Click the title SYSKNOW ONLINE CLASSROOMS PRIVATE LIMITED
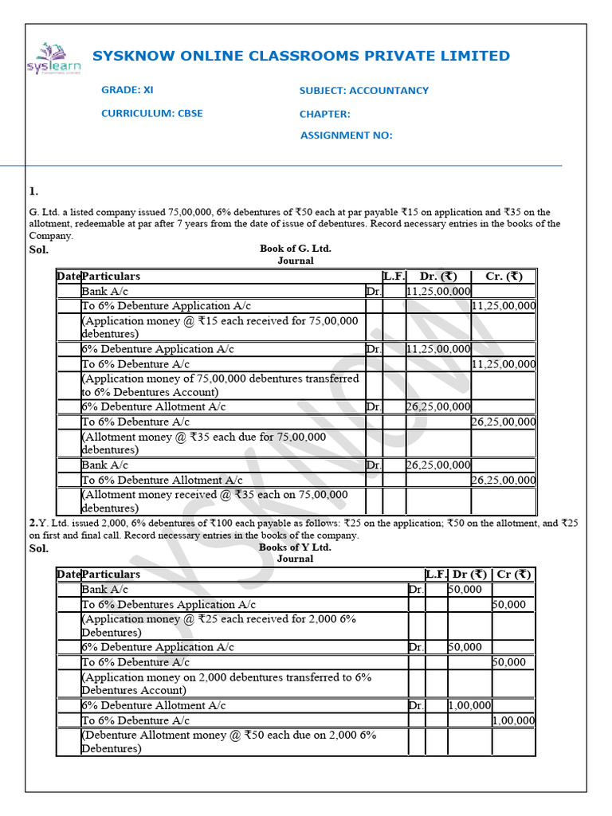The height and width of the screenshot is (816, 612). click(x=301, y=56)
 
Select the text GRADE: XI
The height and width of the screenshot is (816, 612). click(x=127, y=90)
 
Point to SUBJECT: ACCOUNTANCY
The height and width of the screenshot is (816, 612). click(x=363, y=91)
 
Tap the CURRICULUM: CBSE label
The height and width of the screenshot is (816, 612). click(x=151, y=113)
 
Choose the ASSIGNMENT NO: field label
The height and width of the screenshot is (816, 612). click(x=346, y=135)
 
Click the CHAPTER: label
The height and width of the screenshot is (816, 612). click(x=324, y=114)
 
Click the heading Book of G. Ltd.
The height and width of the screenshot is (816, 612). click(x=295, y=249)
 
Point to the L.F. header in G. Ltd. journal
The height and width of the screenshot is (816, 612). click(x=394, y=277)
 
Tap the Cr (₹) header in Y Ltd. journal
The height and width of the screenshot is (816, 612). click(x=513, y=575)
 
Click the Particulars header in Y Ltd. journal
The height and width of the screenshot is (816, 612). click(x=111, y=575)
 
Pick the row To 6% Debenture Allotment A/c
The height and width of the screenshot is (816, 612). click(x=162, y=480)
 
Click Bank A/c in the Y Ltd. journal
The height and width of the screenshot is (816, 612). click(x=104, y=590)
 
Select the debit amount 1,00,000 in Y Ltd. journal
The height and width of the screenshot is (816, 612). click(x=469, y=705)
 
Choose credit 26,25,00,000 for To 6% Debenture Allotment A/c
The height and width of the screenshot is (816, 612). click(x=503, y=480)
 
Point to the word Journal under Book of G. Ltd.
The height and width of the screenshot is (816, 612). click(x=295, y=261)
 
